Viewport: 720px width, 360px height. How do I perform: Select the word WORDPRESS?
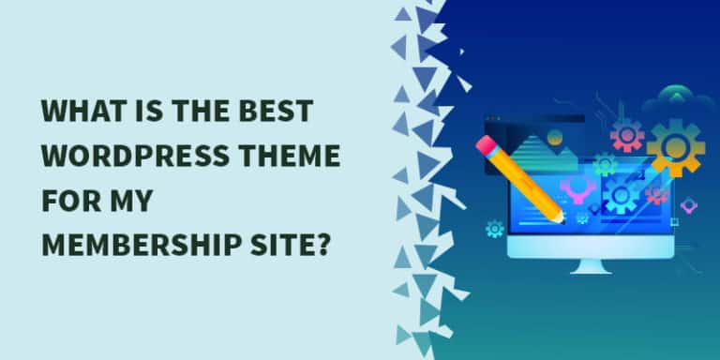pos(135,156)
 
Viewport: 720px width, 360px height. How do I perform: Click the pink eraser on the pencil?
pos(485,145)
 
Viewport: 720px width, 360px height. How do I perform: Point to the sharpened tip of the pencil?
pos(562,219)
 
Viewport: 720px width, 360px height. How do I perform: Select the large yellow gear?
pos(675,147)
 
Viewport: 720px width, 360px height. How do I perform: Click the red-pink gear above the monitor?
pos(627,135)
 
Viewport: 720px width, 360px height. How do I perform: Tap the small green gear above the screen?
pos(605,164)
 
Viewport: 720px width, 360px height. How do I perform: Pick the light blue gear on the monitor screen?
pos(621,195)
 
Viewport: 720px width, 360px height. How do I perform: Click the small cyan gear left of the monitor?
pos(495,229)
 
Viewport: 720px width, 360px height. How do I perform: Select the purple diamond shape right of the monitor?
pos(688,205)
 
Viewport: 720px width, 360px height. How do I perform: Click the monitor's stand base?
pos(591,270)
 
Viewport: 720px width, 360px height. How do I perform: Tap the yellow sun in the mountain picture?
pos(555,136)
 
